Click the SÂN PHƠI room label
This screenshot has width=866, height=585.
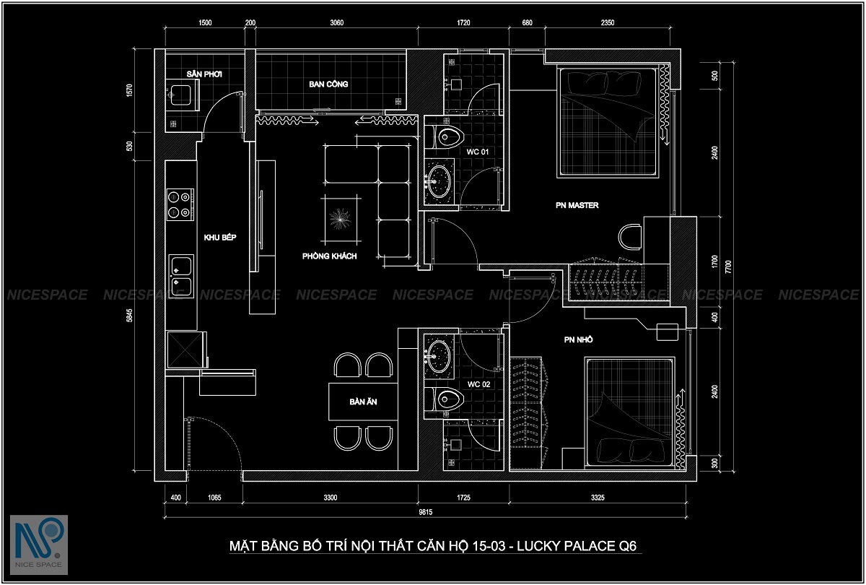[204, 74]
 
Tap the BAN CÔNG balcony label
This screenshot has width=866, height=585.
[328, 84]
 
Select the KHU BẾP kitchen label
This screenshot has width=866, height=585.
[220, 237]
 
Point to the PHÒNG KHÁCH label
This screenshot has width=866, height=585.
[329, 256]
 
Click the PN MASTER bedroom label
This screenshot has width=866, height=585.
[577, 205]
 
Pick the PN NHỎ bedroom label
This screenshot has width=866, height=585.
[578, 339]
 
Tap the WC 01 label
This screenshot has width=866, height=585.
[478, 152]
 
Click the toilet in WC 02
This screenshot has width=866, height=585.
[445, 399]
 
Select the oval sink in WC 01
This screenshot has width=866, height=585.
[439, 181]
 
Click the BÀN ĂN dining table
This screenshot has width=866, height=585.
[363, 402]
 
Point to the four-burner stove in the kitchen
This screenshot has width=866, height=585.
[180, 204]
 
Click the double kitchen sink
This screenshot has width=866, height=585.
[181, 276]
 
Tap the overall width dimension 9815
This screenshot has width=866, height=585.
[425, 512]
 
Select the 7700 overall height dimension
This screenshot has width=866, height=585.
[728, 266]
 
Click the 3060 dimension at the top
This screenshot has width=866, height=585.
[337, 23]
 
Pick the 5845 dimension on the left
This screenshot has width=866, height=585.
[129, 316]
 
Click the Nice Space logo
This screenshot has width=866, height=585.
[39, 545]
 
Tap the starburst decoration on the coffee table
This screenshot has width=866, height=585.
[341, 219]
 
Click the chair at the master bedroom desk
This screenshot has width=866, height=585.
[629, 237]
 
